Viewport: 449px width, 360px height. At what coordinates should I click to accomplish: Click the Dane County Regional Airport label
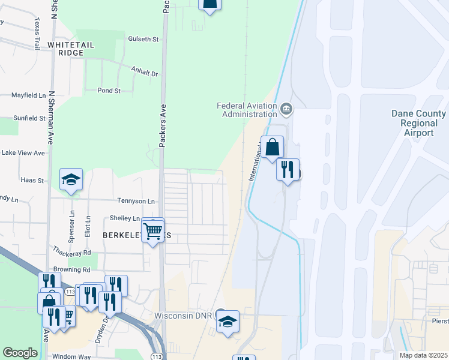pyautogui.click(x=418, y=122)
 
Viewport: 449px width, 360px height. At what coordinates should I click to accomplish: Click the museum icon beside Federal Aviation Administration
pyautogui.click(x=286, y=109)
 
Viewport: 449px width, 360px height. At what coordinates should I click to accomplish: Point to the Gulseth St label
pyautogui.click(x=143, y=39)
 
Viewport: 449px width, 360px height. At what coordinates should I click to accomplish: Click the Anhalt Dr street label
pyautogui.click(x=144, y=73)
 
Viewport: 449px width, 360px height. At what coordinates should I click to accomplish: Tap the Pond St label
pyautogui.click(x=109, y=91)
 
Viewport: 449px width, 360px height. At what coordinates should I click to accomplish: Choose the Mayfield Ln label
pyautogui.click(x=28, y=95)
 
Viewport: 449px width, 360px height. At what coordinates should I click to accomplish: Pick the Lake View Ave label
pyautogui.click(x=23, y=153)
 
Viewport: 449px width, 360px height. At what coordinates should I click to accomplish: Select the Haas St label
pyautogui.click(x=32, y=180)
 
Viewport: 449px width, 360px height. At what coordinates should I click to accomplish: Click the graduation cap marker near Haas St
pyautogui.click(x=71, y=179)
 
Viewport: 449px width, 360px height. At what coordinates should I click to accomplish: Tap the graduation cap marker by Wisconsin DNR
pyautogui.click(x=228, y=322)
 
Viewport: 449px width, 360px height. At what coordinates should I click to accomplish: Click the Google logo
pyautogui.click(x=20, y=353)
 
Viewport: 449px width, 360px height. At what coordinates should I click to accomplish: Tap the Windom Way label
pyautogui.click(x=72, y=356)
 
